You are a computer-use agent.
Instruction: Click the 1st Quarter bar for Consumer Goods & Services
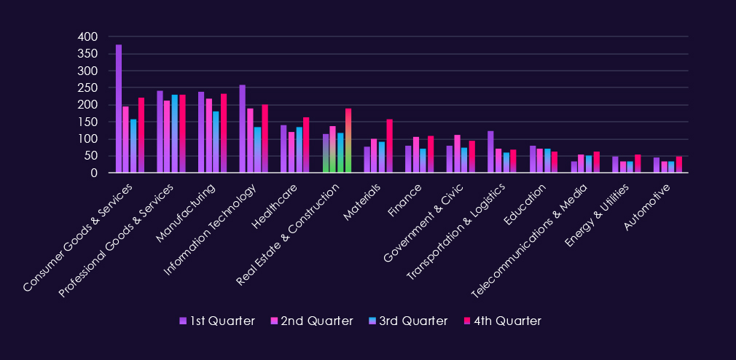click(119, 109)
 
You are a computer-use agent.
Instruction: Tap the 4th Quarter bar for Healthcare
click(306, 145)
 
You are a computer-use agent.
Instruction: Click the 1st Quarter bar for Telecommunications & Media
click(573, 167)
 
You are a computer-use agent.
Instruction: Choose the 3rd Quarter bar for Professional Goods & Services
click(175, 134)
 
